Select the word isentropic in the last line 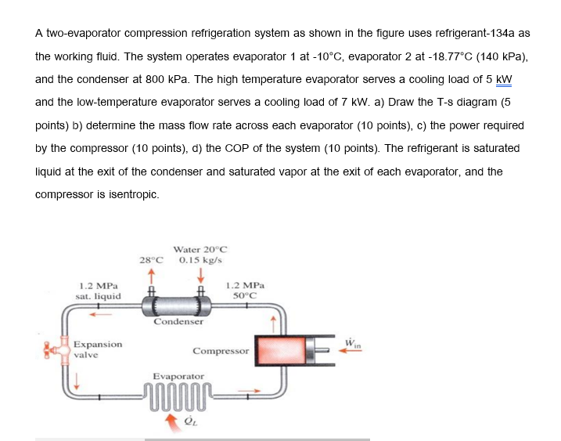(131, 193)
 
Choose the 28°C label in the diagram (153, 259)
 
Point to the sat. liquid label (99, 297)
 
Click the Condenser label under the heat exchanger (178, 321)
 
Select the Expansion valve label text (98, 349)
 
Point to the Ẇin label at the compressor (351, 338)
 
